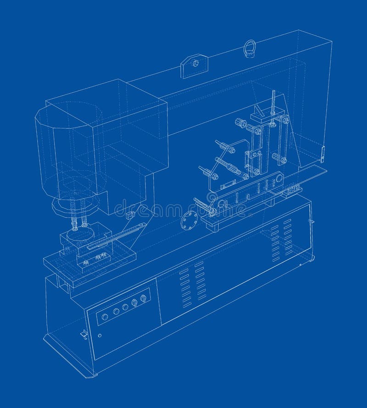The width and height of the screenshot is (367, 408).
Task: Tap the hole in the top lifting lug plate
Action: click(195, 63)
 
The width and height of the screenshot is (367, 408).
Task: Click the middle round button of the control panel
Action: click(116, 311)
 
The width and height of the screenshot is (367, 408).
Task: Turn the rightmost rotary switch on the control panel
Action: click(144, 298)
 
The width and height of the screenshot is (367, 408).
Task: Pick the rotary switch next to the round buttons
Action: click(134, 303)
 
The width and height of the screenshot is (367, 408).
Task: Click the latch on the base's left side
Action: click(84, 334)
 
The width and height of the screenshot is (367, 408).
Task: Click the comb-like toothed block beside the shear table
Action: click(293, 189)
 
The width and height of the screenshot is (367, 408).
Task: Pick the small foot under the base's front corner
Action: click(94, 375)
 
